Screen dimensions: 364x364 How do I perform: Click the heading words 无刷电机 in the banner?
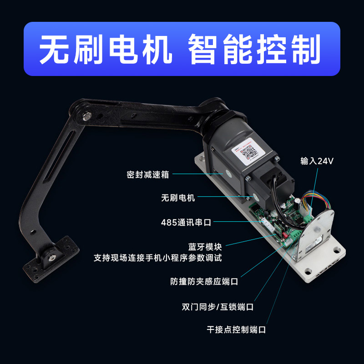tap(106, 49)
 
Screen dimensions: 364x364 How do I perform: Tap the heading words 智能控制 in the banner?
tap(253, 49)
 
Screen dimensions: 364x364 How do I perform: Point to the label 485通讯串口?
tap(186, 222)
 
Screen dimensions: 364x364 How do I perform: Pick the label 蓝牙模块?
tap(205, 247)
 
